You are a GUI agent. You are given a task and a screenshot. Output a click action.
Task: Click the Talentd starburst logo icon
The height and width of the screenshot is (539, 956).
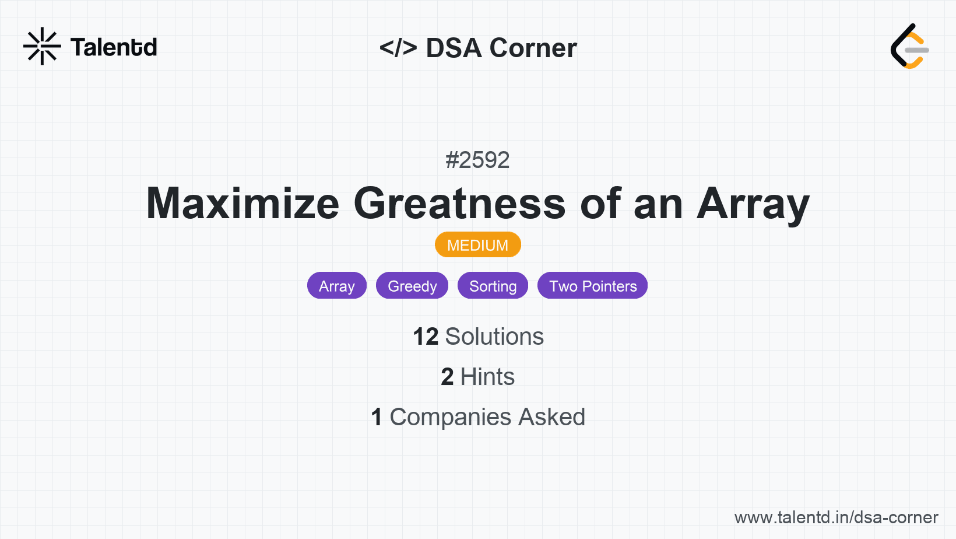42,46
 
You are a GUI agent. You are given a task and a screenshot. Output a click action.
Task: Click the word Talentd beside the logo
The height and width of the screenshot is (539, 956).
114,47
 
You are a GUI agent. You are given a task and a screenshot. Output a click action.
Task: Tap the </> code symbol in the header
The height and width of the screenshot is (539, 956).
398,47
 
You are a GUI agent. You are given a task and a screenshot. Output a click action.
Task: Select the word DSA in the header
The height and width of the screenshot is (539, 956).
454,48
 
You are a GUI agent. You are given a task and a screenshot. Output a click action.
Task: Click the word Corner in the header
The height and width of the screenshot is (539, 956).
533,48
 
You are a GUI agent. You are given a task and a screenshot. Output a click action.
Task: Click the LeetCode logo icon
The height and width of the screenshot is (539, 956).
909,46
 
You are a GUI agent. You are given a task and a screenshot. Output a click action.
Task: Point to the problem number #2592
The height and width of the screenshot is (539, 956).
477,160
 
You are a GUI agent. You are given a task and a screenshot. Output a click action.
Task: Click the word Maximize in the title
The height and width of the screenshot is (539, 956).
243,203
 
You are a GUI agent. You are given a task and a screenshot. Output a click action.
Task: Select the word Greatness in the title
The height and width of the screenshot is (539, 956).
460,203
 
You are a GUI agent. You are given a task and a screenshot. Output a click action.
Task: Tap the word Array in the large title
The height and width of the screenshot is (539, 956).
753,205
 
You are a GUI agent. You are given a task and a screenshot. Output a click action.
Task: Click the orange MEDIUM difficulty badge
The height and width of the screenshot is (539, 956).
478,245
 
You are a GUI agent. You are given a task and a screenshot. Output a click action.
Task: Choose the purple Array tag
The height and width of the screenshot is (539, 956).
337,285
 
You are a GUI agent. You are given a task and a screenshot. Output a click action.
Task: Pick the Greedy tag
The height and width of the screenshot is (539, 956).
412,285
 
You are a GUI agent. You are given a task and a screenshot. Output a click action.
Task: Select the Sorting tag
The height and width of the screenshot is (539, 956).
493,285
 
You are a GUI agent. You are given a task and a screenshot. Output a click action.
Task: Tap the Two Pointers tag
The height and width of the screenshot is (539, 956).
592,285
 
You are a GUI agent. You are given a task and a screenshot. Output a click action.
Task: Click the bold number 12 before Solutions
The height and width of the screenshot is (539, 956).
426,337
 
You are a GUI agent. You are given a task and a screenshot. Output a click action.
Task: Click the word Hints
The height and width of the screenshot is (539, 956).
487,377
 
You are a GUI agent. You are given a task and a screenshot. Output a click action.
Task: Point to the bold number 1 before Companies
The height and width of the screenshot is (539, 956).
377,417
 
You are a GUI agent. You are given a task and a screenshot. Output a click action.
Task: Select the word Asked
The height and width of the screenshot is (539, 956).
552,417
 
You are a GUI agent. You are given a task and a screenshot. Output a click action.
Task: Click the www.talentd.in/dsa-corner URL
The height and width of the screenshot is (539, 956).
836,517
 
